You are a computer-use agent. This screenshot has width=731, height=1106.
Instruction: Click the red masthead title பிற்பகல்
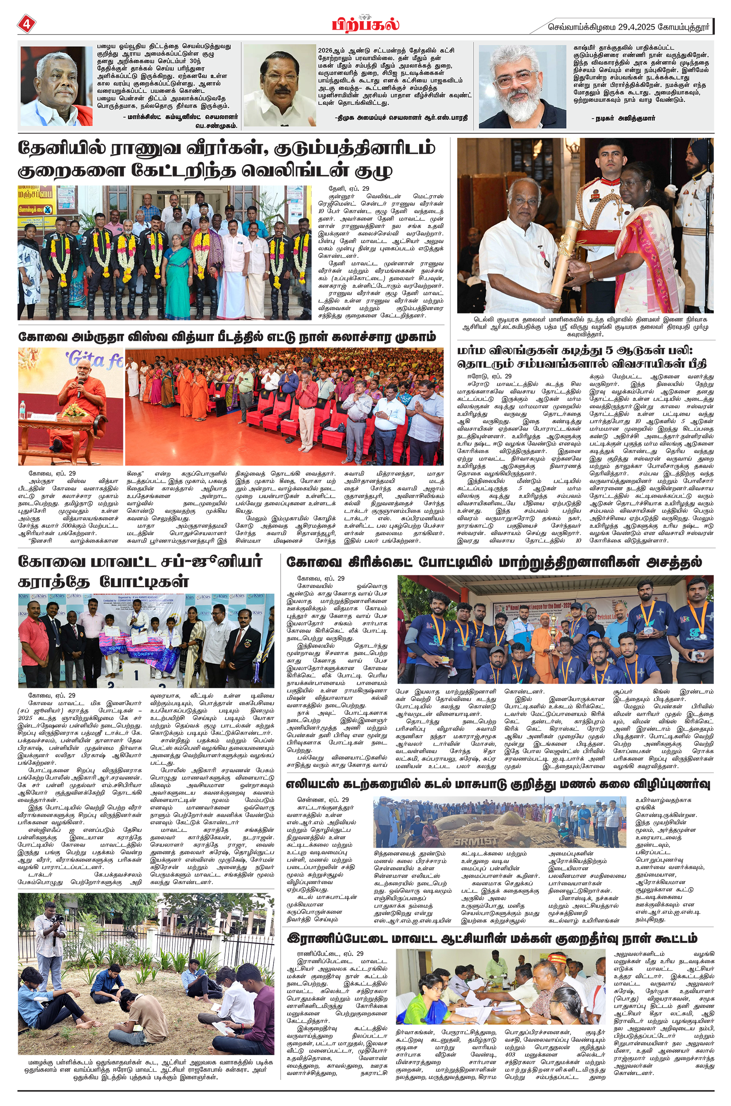point(365,25)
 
